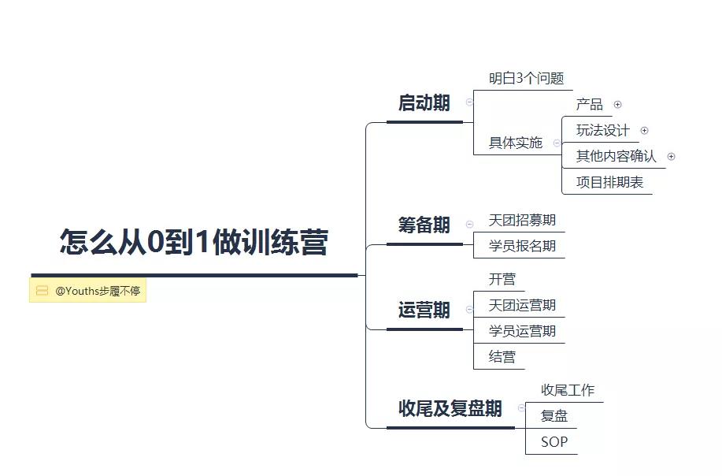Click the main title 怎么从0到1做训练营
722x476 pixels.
(194, 241)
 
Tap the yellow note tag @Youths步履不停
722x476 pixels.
(87, 290)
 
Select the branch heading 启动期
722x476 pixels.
(424, 102)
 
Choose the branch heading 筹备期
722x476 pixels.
(424, 225)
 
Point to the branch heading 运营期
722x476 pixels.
(424, 311)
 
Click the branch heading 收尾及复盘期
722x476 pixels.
(450, 408)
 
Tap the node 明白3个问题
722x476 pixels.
(526, 78)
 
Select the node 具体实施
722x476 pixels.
(516, 143)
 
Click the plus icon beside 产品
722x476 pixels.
(618, 105)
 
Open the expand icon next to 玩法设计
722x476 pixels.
(645, 130)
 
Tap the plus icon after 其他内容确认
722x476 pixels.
(672, 157)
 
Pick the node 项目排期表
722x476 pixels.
(609, 183)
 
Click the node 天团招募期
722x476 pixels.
(522, 220)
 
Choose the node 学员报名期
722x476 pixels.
(522, 246)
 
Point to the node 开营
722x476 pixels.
(502, 279)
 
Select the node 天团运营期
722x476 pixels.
(522, 305)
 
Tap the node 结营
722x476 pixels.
(502, 357)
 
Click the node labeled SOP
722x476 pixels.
(554, 442)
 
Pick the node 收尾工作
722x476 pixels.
(568, 390)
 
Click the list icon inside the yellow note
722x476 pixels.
(42, 290)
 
